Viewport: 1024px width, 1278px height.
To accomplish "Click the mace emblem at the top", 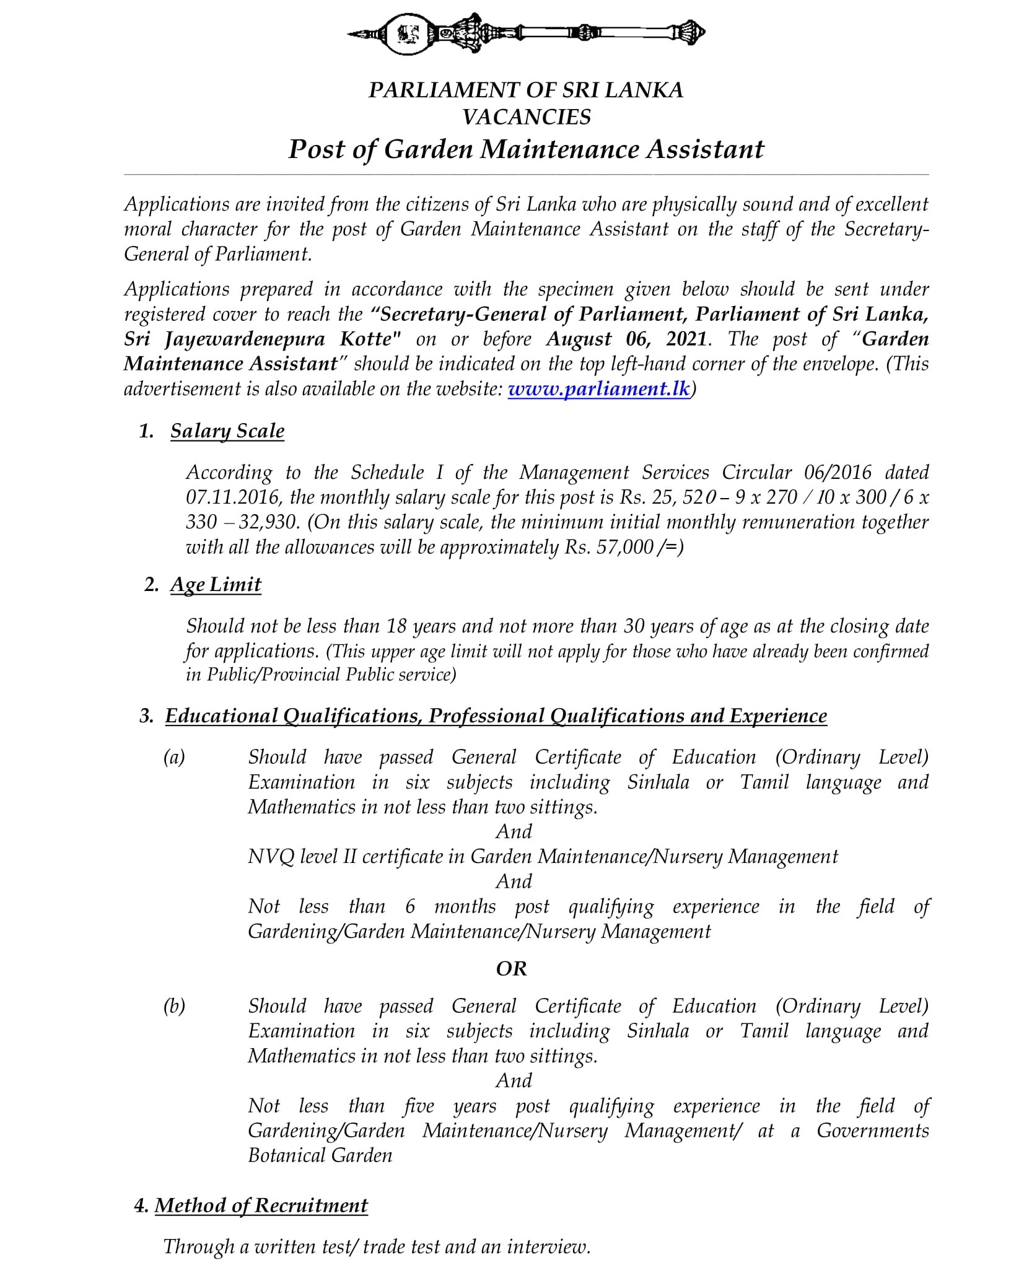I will click(527, 33).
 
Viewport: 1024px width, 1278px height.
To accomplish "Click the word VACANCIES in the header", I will click(527, 117).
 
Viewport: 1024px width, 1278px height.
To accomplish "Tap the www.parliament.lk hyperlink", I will click(598, 389).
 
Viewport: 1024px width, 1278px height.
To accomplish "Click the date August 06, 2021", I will click(626, 339).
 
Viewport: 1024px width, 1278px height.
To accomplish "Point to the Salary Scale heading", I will click(227, 431).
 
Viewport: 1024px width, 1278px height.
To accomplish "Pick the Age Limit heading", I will click(216, 585).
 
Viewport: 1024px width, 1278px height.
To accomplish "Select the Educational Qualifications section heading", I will click(496, 716).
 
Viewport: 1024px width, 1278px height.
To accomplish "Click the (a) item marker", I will click(174, 757).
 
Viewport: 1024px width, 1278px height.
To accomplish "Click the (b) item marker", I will click(174, 1006).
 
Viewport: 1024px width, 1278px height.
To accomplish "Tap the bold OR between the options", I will click(511, 968).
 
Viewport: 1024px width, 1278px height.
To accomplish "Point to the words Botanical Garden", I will click(320, 1155).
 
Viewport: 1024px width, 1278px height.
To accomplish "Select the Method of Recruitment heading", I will click(261, 1206).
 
